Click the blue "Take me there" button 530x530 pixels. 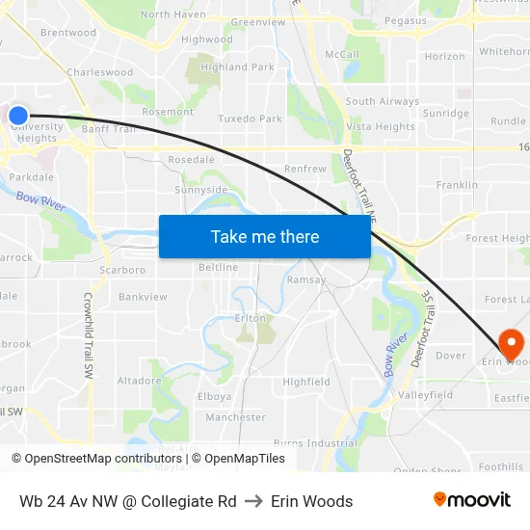coord(265,236)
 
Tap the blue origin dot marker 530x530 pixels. coord(18,116)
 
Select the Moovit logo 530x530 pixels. coord(472,499)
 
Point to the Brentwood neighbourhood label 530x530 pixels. coord(68,33)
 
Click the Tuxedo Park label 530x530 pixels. coord(250,119)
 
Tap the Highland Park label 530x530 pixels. coord(237,67)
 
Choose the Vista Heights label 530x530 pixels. coord(380,126)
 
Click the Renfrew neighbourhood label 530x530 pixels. coord(305,169)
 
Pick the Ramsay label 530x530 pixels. coord(306,279)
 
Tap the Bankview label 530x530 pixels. coord(143,297)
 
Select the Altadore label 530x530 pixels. coord(139,381)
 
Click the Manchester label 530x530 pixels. coord(235,417)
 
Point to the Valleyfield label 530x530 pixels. coord(425,395)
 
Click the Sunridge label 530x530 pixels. coord(445,114)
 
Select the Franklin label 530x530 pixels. coord(456,185)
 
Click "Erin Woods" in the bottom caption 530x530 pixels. coord(311,501)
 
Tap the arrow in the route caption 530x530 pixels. coord(253,501)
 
